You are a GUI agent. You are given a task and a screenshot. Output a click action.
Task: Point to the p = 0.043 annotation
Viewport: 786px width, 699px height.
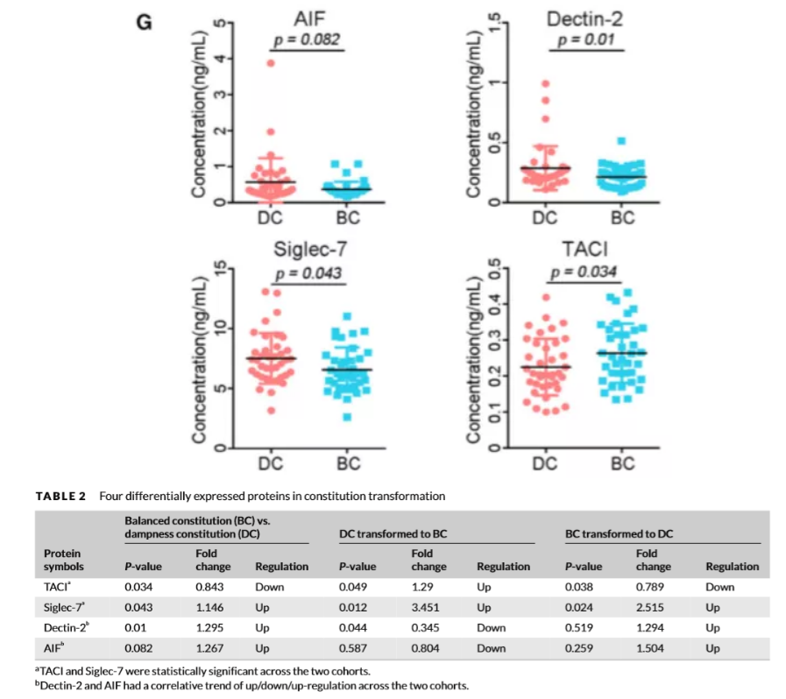pyautogui.click(x=309, y=273)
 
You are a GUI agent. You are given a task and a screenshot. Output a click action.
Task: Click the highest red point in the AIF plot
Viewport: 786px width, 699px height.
pyautogui.click(x=272, y=63)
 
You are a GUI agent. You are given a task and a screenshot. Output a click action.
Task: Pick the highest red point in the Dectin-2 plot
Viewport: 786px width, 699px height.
pyautogui.click(x=545, y=84)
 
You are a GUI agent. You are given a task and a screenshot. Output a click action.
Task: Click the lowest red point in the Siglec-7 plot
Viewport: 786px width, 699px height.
pyautogui.click(x=272, y=410)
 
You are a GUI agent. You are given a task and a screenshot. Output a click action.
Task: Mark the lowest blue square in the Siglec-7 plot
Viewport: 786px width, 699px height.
pyautogui.click(x=349, y=417)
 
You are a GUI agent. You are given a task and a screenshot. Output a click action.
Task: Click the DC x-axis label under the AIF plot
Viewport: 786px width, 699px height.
pyautogui.click(x=269, y=217)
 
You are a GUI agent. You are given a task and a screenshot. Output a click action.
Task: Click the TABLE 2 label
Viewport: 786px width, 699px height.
pyautogui.click(x=60, y=496)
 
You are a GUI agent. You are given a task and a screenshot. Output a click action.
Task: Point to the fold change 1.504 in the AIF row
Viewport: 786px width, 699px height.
pyautogui.click(x=649, y=647)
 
